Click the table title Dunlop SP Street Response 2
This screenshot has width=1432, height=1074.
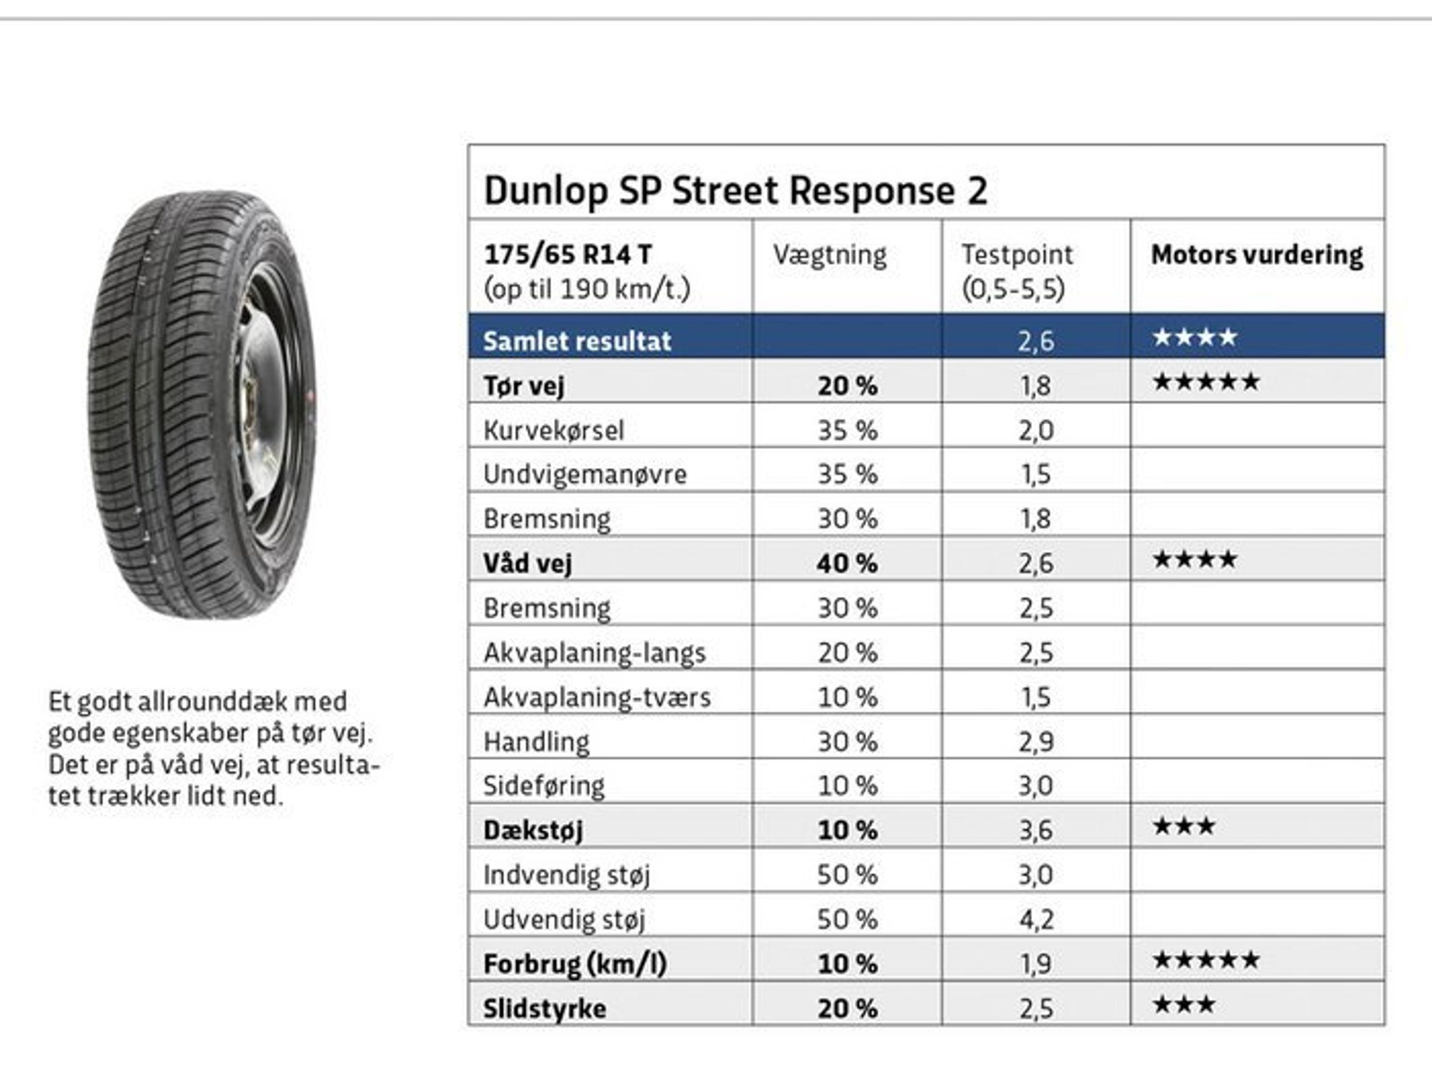point(736,191)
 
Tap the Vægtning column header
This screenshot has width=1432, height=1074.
point(829,254)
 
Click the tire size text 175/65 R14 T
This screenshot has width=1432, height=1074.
point(567,254)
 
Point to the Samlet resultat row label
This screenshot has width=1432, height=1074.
point(577,341)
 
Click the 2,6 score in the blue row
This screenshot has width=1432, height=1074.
point(1035,341)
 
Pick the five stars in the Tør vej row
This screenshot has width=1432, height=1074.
point(1206,382)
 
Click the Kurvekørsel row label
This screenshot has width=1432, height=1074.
point(553,431)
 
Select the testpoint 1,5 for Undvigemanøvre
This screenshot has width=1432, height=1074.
point(1035,474)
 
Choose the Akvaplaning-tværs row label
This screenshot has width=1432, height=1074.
point(597,697)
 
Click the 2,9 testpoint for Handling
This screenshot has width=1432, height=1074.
point(1035,742)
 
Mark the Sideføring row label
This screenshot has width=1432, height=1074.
point(544,786)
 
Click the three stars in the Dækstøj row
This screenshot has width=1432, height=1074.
point(1183,826)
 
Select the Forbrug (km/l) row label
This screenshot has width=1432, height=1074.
point(575,964)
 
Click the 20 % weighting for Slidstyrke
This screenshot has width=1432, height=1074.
point(847,1009)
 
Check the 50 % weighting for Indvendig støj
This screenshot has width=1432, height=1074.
point(847,875)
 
